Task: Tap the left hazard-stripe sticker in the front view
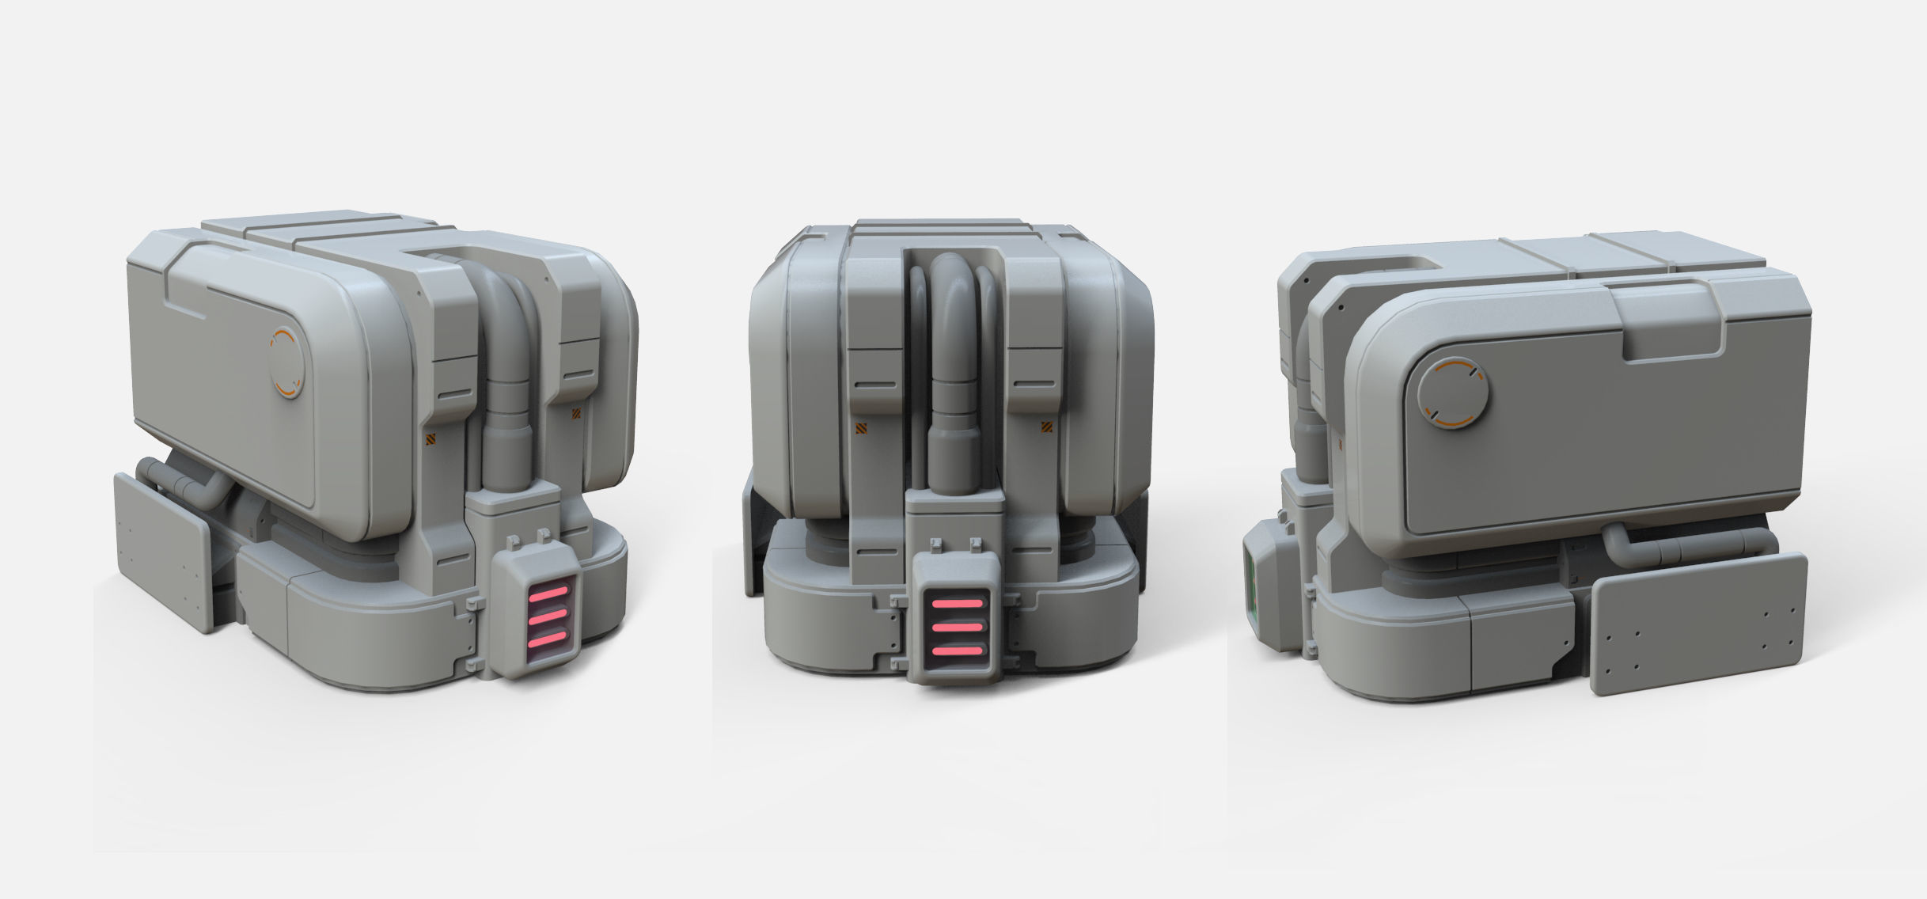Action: click(862, 428)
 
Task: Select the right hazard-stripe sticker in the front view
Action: click(1045, 428)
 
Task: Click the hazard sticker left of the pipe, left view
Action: click(431, 441)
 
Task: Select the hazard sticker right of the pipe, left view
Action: click(576, 412)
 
